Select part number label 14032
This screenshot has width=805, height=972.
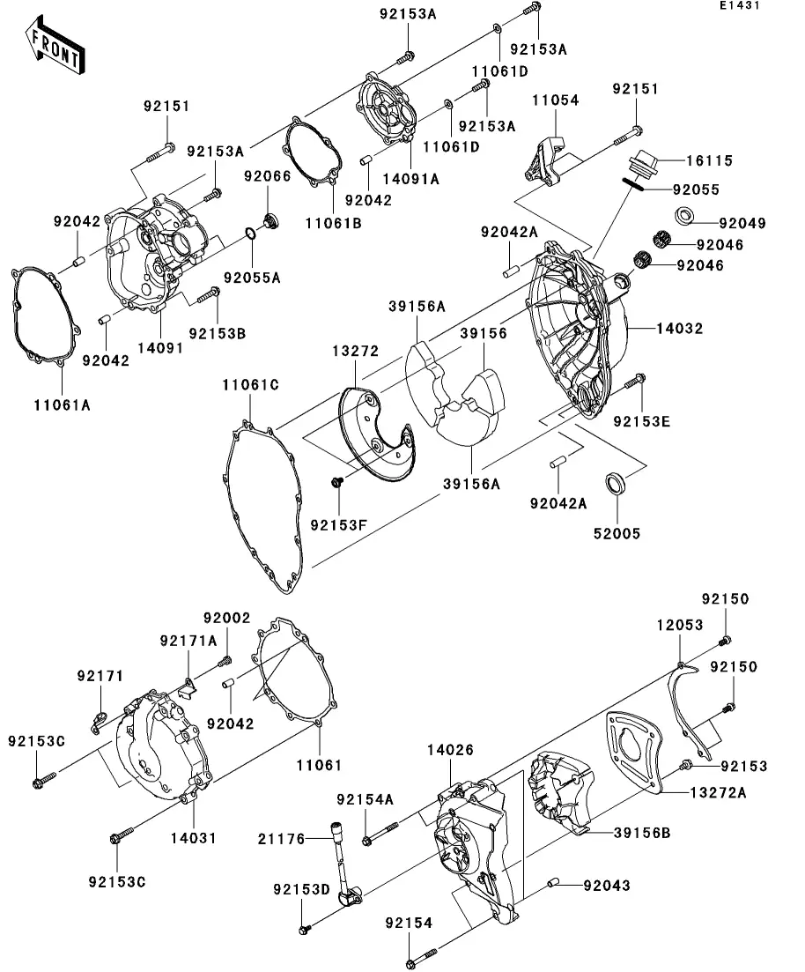point(679,329)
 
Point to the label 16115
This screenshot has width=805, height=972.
point(709,161)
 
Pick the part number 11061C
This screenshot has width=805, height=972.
point(250,384)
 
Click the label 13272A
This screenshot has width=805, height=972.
point(717,793)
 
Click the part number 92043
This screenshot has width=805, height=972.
point(605,885)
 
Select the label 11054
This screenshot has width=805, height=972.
point(555,101)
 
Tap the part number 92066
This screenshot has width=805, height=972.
point(268,176)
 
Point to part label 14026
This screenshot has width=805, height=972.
point(451,750)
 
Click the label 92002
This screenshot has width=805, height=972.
point(227,619)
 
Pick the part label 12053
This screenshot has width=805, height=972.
point(679,625)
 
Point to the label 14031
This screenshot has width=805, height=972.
point(194,837)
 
